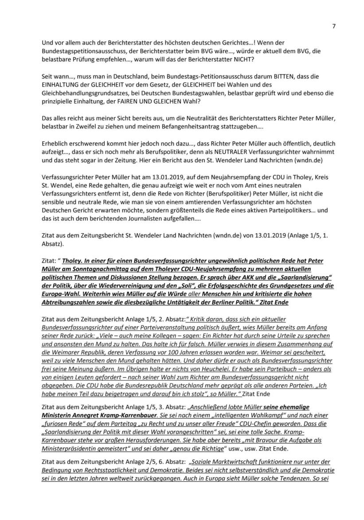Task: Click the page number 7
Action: [333, 26]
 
